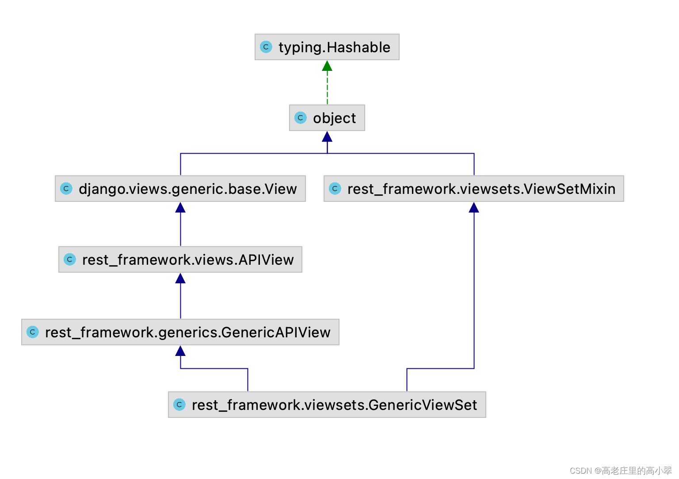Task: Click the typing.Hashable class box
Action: coord(327,47)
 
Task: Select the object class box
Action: coord(327,118)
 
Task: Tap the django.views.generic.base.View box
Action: coord(180,189)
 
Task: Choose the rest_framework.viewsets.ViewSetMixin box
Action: coord(474,189)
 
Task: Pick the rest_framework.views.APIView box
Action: coord(180,259)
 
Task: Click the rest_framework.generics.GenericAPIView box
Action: coord(180,332)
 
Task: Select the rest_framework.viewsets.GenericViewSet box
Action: coord(327,405)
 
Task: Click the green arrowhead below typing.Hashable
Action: coord(327,66)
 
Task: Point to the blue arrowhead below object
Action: coord(327,137)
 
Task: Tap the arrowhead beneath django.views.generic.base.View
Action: coord(180,208)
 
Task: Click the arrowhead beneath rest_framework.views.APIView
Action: coord(180,278)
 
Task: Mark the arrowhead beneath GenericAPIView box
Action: coord(180,351)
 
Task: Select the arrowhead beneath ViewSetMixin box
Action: coord(474,208)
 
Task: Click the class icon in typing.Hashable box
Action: coord(266,47)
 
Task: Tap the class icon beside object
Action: coord(301,118)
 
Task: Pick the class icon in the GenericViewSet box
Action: coord(179,405)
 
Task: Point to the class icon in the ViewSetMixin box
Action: coord(335,189)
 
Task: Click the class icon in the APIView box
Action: coord(70,259)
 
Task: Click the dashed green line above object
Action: coord(327,89)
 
